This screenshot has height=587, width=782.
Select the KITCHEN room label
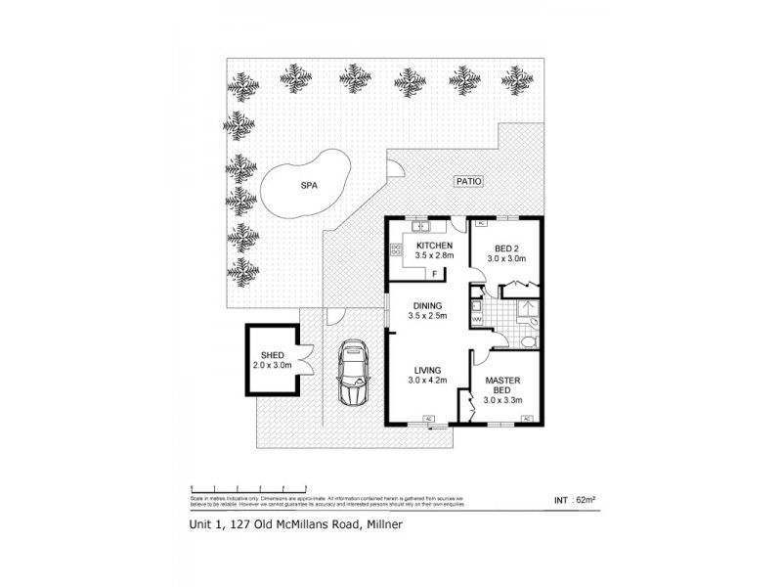pos(433,245)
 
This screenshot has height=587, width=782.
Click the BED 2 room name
pos(508,247)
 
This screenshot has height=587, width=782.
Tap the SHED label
pos(272,356)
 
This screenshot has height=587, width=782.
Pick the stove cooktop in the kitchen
pos(397,250)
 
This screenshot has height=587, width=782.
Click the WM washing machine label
pos(477,319)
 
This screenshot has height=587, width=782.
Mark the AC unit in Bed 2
pos(480,224)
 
